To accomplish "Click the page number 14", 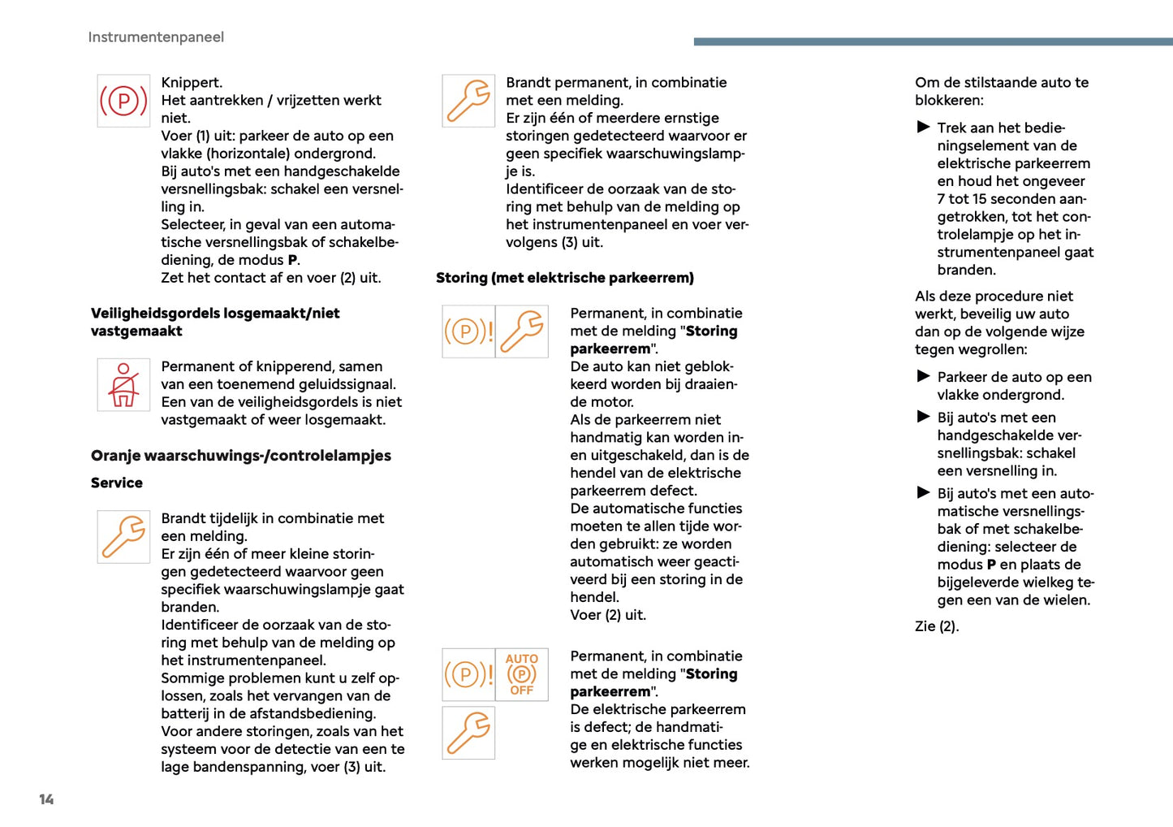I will (46, 799).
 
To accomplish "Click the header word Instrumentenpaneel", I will (156, 37).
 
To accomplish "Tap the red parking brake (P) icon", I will (123, 101).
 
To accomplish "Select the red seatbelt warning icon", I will (123, 385).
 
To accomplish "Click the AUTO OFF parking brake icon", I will (521, 674).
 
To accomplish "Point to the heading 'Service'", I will (117, 483).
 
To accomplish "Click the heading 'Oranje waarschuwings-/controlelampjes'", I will (241, 456).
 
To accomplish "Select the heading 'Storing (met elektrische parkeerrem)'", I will (565, 278).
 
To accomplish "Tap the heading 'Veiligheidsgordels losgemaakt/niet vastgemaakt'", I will (215, 322).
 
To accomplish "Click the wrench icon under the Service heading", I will (123, 537).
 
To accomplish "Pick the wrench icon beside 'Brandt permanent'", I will (468, 101).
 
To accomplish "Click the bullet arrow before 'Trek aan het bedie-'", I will (923, 127).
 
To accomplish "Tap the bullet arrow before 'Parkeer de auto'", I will (923, 376).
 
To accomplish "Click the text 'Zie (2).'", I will (937, 626).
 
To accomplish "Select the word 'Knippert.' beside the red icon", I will (192, 83).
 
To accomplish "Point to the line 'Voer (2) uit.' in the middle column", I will (608, 615).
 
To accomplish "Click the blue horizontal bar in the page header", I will (933, 41).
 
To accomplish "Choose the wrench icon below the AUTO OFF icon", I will (468, 733).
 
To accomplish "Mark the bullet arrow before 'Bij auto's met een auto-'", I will (923, 492).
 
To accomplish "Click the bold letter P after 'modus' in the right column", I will (991, 565).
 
